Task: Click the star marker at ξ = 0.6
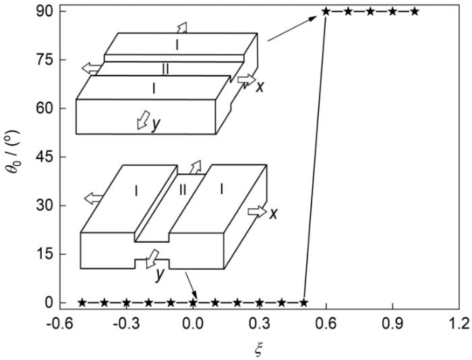point(326,11)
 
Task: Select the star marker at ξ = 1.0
point(415,11)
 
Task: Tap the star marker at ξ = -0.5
point(82,302)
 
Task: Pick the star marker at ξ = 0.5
point(303,302)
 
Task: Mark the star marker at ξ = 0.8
point(370,11)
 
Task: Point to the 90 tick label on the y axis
point(45,11)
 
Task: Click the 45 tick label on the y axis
point(45,157)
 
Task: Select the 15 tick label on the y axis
point(45,254)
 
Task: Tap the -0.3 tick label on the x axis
point(125,324)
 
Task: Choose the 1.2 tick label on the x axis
point(459,324)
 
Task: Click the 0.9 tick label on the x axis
point(392,324)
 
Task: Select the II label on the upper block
point(165,69)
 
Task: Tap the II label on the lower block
point(183,190)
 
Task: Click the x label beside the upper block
point(260,87)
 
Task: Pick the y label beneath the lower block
point(160,275)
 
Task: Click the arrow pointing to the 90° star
point(292,28)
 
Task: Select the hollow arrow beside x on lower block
point(257,212)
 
